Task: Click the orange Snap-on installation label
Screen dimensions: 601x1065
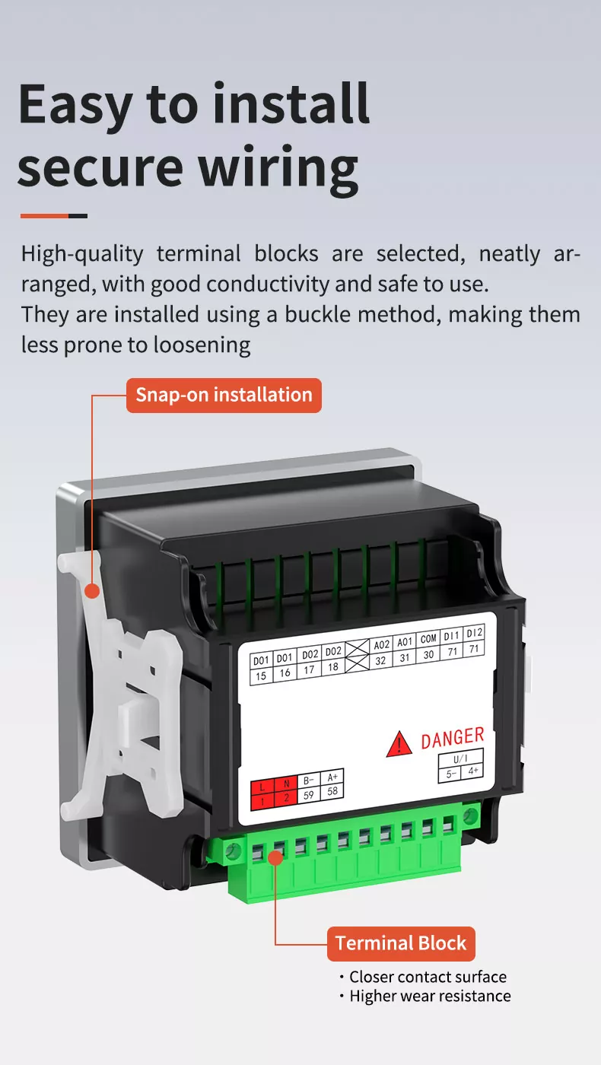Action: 224,395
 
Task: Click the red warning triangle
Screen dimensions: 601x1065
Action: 399,745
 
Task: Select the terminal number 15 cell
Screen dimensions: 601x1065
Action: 261,676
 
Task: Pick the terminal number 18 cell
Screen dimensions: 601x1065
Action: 333,666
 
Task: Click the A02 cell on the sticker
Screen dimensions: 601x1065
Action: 381,645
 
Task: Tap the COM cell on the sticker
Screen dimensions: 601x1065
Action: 428,639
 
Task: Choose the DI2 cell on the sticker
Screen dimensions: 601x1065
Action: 474,633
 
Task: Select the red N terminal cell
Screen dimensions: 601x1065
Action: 286,784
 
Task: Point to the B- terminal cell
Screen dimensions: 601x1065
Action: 309,780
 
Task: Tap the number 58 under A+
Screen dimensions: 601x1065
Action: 332,791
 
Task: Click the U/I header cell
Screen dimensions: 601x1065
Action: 460,758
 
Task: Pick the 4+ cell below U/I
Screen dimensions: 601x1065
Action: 472,771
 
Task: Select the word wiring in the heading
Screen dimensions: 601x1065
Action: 278,169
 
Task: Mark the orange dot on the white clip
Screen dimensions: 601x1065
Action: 92,591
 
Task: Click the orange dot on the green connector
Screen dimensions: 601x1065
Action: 275,858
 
